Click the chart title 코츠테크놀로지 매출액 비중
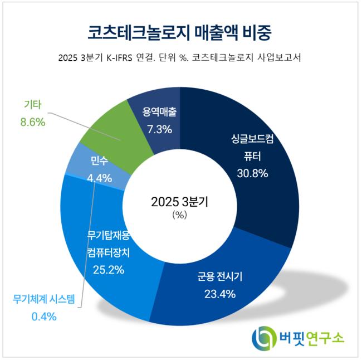[x=180, y=33]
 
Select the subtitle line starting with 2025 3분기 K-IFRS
[x=180, y=57]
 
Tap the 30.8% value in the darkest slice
[x=252, y=173]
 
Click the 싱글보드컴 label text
[x=252, y=139]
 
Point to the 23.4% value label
[x=220, y=294]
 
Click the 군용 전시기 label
[x=220, y=276]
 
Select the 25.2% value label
[x=109, y=270]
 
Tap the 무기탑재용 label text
[x=109, y=236]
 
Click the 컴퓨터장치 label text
[x=109, y=252]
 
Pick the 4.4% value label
[x=99, y=178]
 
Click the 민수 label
[x=99, y=160]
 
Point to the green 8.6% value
[x=33, y=122]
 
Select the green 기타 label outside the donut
[x=33, y=105]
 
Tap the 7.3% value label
[x=159, y=129]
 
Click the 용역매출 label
[x=159, y=112]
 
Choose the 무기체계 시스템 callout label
[x=44, y=299]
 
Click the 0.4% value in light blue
[x=44, y=317]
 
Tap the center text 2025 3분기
[x=180, y=202]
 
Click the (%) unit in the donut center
[x=180, y=215]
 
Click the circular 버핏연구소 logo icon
[x=264, y=338]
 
